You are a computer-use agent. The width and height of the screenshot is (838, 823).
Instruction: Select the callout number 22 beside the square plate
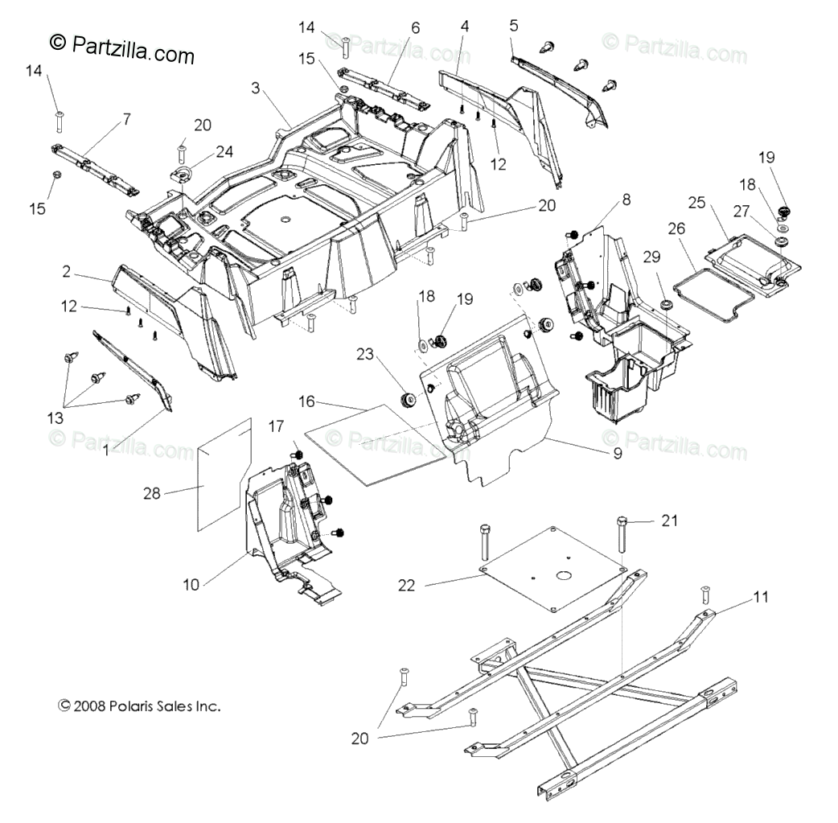(407, 585)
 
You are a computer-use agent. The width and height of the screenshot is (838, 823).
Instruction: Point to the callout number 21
(670, 521)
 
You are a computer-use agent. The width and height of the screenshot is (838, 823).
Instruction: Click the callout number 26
(676, 228)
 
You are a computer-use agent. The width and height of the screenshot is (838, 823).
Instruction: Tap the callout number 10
(191, 585)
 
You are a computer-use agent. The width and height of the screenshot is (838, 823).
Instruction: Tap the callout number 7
(125, 118)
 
